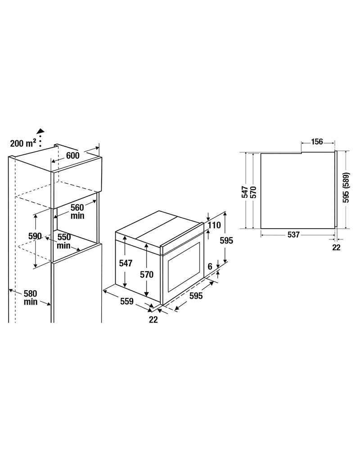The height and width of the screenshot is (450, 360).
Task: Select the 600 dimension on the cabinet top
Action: pos(72,155)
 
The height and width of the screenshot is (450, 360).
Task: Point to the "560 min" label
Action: pos(77,211)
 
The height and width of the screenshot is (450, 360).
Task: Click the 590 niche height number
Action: pos(35,236)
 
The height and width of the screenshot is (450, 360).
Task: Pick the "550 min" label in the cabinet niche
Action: pos(64,241)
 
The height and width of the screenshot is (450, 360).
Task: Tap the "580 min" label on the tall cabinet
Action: pos(31,297)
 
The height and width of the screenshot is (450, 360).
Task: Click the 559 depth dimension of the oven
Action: pos(126,301)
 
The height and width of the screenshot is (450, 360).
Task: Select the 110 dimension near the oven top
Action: pos(214,225)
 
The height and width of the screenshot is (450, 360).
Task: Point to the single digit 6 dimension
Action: pos(210,266)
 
